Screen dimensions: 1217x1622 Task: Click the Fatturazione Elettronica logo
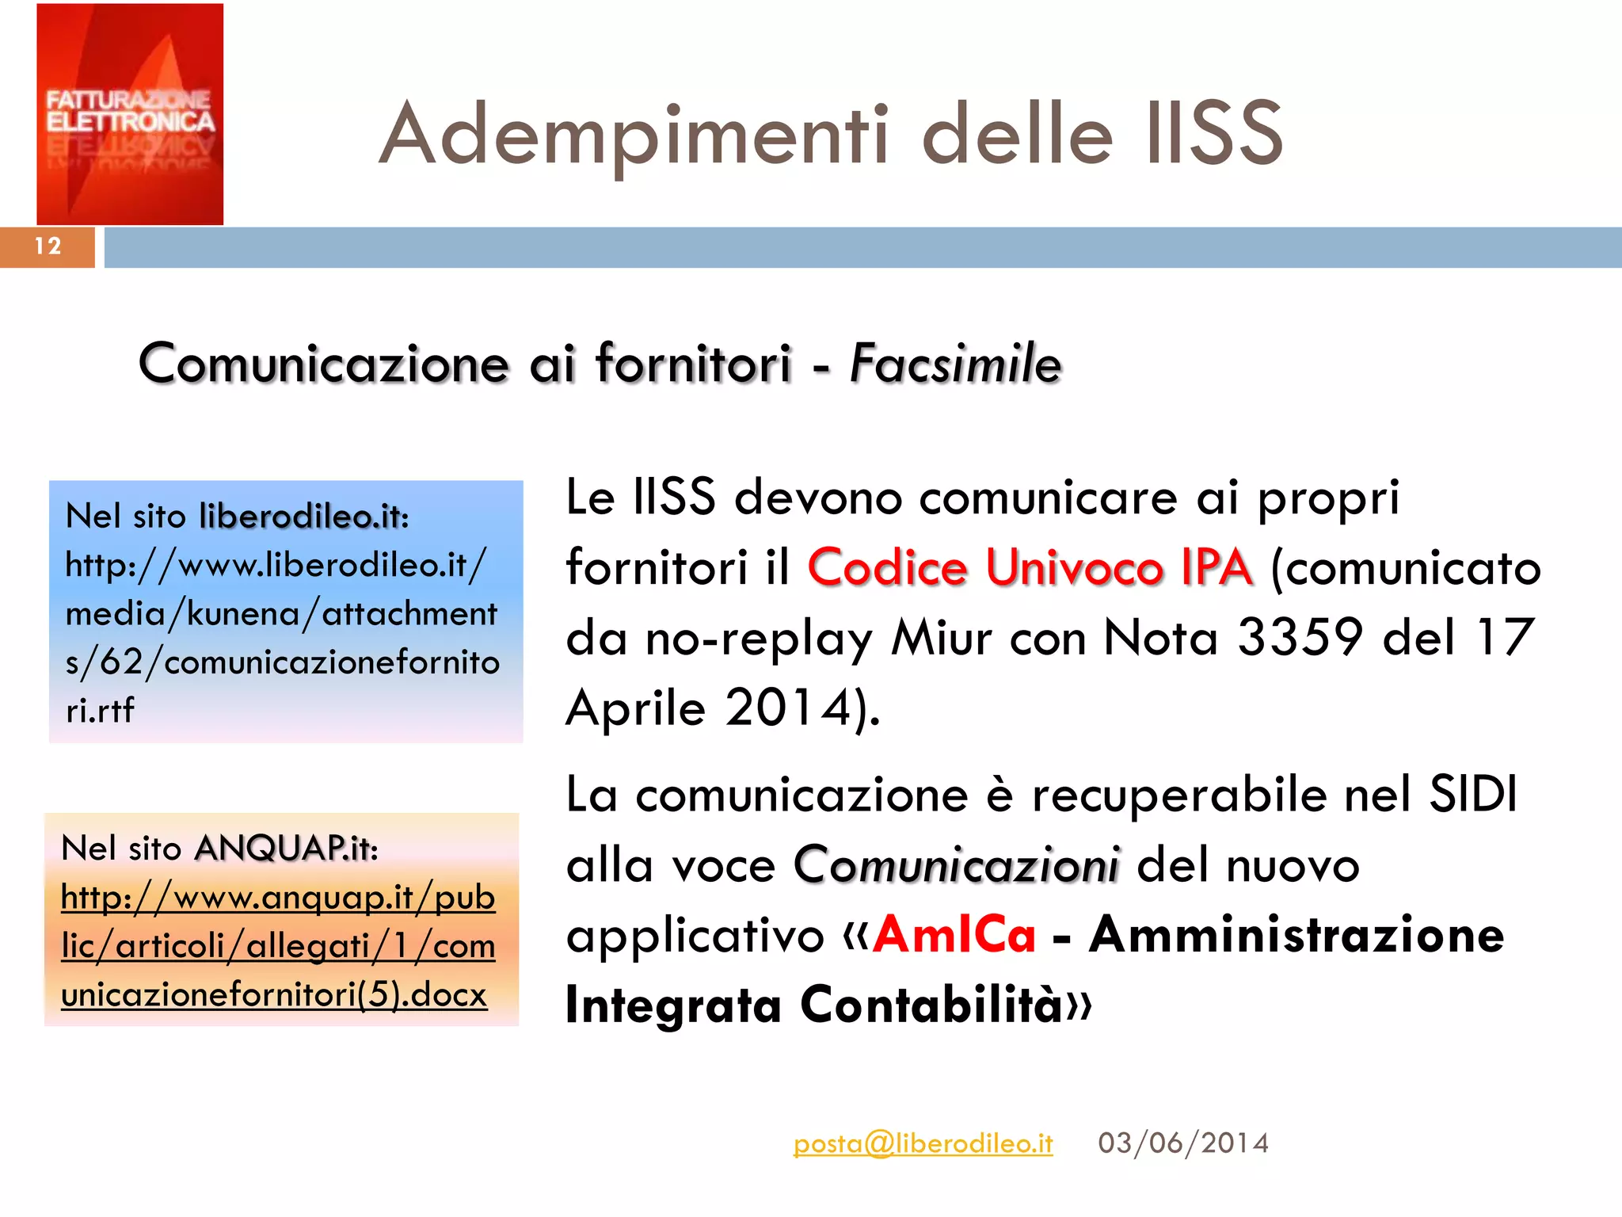tap(130, 114)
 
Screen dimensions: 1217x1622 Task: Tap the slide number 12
tap(48, 246)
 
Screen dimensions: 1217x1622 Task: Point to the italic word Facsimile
tap(955, 364)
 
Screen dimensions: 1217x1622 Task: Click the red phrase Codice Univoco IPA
tap(1030, 567)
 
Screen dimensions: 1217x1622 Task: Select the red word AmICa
tap(954, 935)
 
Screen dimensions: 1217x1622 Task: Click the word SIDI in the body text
tap(1473, 794)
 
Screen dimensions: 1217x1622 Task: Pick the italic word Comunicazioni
tap(957, 864)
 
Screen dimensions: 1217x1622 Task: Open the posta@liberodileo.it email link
tap(923, 1143)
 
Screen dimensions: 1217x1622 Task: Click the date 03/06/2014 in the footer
tap(1183, 1143)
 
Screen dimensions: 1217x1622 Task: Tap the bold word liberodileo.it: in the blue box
tap(304, 516)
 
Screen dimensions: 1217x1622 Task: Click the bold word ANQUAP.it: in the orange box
tap(286, 848)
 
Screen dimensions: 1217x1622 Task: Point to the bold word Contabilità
tap(931, 1005)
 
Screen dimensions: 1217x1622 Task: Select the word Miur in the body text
tap(941, 637)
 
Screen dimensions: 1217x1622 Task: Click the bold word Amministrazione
tap(1296, 935)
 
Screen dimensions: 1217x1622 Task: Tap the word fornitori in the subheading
tap(693, 364)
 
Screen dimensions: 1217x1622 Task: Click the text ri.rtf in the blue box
tap(100, 710)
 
